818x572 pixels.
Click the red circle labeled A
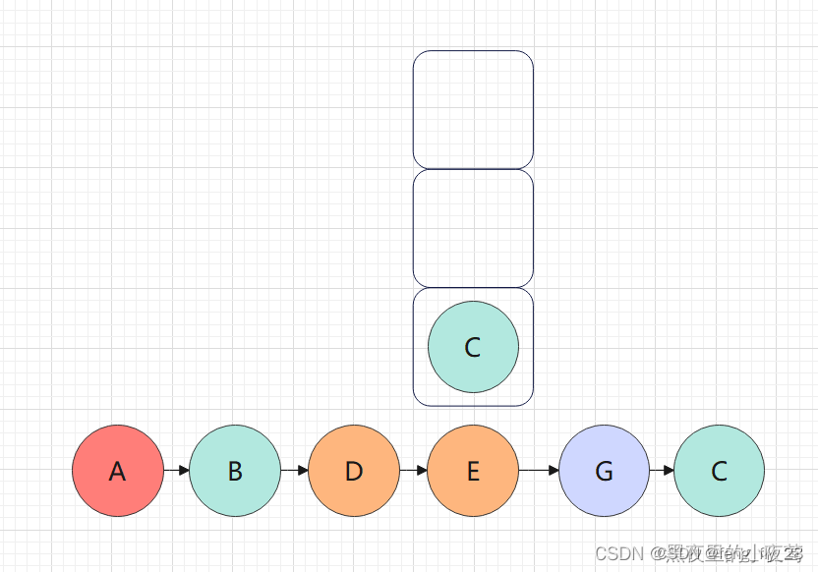coord(118,471)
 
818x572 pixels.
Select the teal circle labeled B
coord(235,471)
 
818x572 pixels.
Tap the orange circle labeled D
coord(354,471)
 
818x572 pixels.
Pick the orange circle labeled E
coord(473,471)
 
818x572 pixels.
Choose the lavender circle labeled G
coord(604,471)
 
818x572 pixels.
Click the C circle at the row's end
coord(719,471)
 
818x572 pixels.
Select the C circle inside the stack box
coord(473,347)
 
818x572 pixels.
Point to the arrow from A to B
coord(177,471)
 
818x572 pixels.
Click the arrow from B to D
coord(295,471)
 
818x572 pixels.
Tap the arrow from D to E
coord(414,471)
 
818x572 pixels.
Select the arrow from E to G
coord(539,471)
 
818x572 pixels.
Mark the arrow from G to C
coord(662,471)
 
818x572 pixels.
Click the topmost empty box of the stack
coord(473,109)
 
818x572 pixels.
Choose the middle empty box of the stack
coord(473,228)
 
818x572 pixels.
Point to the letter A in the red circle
coord(118,472)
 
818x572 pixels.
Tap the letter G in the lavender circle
coord(604,472)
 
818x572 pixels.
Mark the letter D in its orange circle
coord(354,472)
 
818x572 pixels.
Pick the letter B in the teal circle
coord(235,472)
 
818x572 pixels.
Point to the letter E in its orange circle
coord(473,472)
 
